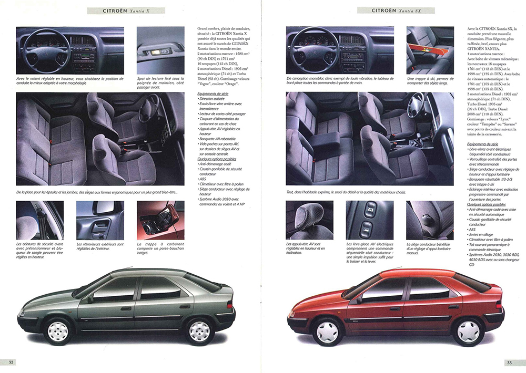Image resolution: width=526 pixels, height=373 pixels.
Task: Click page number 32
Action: (x=11, y=362)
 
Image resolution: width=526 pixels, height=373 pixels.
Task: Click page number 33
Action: (x=509, y=362)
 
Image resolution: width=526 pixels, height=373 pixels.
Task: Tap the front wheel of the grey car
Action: (x=59, y=329)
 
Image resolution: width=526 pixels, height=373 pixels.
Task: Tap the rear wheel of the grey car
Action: (x=199, y=329)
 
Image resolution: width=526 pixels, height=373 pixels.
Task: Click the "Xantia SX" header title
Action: (x=396, y=11)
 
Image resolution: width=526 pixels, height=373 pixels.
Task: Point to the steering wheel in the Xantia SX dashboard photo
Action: (x=309, y=49)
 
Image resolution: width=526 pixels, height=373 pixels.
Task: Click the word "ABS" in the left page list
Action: (x=203, y=178)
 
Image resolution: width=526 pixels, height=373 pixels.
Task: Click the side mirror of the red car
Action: (x=359, y=300)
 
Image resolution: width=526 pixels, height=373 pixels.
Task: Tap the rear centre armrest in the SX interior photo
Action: (x=326, y=139)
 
